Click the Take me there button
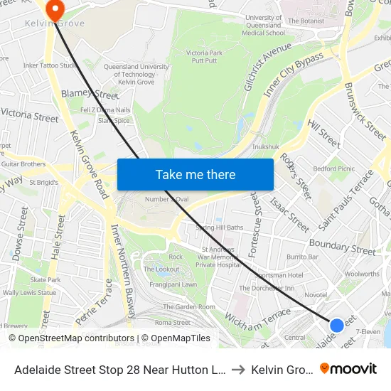[195, 174]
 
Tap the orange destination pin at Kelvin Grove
[53, 9]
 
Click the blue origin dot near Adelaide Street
[337, 326]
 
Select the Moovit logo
[348, 368]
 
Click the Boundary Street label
[342, 248]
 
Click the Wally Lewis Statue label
[29, 292]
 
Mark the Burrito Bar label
[302, 256]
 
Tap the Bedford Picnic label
[333, 168]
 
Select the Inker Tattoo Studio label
[50, 66]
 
